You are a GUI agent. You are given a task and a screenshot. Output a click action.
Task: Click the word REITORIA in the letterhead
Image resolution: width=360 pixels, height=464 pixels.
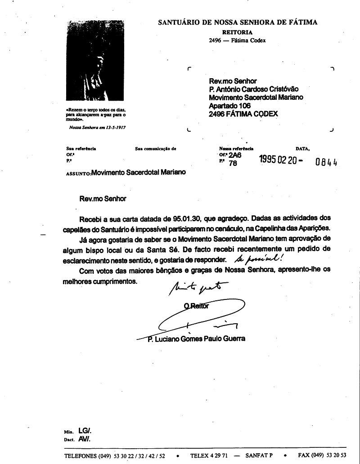pos(237,32)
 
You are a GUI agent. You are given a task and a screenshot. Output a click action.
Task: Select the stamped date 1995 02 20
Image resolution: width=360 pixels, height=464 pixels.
pos(277,160)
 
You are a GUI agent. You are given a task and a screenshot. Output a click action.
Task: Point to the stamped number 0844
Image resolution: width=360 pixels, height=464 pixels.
pos(326,162)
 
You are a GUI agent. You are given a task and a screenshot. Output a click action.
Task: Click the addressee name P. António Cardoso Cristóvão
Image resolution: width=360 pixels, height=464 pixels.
pos(254,89)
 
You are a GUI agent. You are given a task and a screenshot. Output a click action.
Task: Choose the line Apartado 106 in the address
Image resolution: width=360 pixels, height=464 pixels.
pos(229,106)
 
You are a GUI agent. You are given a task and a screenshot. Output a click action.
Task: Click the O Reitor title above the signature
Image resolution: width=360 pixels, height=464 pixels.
pos(197,306)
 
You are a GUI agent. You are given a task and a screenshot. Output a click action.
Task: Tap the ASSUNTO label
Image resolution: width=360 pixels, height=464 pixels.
pos(78,173)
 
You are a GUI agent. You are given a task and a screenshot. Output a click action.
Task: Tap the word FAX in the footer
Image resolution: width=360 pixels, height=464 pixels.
pos(305,455)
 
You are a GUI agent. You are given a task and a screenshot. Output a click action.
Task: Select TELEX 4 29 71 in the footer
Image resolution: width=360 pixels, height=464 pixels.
pos(209,455)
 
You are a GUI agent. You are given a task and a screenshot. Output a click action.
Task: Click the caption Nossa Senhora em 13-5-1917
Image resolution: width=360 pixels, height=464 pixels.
pos(97,127)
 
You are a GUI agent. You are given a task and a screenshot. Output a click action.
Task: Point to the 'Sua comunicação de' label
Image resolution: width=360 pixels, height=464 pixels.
pos(155,148)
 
